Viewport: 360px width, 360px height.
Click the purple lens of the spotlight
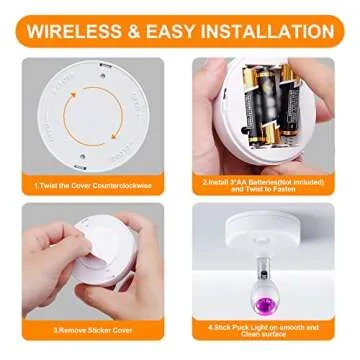pos(270,297)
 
